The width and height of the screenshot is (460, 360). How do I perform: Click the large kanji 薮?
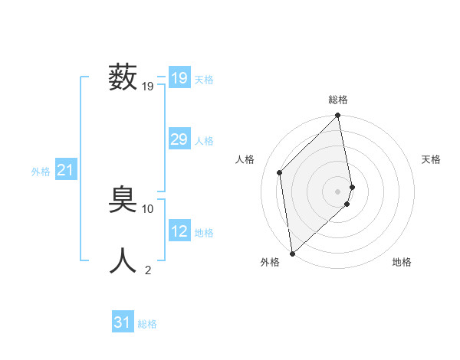123,78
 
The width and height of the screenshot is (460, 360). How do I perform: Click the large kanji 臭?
123,201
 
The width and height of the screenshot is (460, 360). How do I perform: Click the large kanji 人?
123,261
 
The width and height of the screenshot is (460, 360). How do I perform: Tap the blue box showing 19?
179,78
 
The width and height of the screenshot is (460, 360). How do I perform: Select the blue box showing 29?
179,139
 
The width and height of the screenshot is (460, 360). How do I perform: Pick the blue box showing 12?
179,231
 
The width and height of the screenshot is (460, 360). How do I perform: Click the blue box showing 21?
65,170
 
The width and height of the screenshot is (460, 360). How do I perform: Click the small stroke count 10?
148,208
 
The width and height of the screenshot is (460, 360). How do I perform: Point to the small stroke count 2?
148,270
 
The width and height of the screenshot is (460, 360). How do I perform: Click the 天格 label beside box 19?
204,80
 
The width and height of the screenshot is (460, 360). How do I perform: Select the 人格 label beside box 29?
204,141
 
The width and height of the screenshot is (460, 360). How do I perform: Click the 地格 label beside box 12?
204,233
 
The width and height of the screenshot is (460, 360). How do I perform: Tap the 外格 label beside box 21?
41,172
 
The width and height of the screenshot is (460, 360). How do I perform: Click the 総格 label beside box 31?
147,324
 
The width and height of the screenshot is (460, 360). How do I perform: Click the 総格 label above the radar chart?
338,100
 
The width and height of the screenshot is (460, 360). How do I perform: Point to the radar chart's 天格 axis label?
431,159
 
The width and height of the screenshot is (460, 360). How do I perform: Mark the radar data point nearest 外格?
292,253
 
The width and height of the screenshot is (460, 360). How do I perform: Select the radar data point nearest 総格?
338,116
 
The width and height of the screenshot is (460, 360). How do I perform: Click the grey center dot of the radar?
338,191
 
